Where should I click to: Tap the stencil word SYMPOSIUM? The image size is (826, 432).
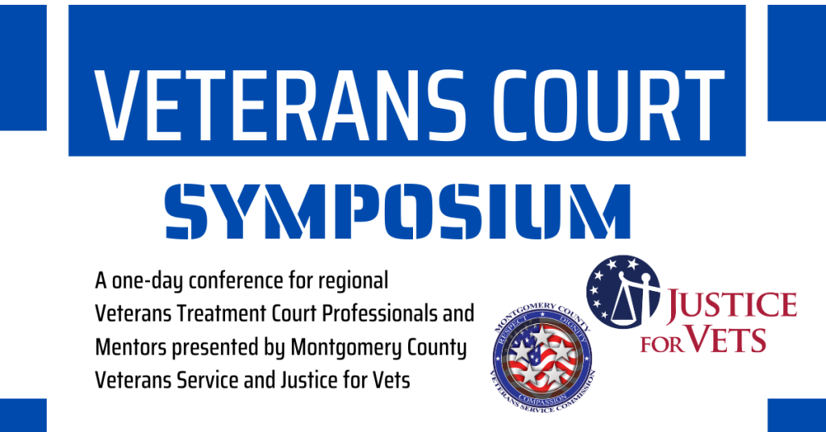pyautogui.click(x=398, y=211)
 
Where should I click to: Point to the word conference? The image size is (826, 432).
pyautogui.click(x=236, y=280)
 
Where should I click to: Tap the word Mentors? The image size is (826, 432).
pyautogui.click(x=131, y=348)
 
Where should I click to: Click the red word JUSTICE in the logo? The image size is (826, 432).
pyautogui.click(x=732, y=306)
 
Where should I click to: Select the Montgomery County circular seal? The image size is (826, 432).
pyautogui.click(x=543, y=357)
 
